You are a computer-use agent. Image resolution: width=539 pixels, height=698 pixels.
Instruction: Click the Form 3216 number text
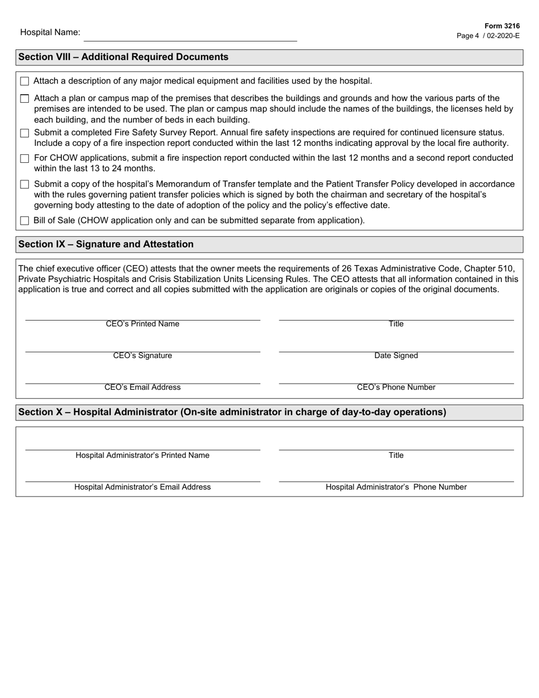coord(502,26)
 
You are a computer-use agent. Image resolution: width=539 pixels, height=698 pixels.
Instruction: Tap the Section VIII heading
coord(124,57)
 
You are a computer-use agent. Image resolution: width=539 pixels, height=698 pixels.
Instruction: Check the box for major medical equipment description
coord(24,82)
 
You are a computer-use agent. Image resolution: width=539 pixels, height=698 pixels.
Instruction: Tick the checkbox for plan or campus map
coord(24,99)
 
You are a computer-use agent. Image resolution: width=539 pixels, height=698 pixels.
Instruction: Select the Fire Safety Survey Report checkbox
coord(24,133)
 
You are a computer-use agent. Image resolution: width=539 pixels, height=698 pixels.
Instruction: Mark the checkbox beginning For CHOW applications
coord(24,159)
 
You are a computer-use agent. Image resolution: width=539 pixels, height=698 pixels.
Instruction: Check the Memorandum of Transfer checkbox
coord(24,184)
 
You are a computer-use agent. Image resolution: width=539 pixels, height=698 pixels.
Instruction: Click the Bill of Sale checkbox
coord(24,221)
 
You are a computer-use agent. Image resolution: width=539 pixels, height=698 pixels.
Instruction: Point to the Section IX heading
coord(106,245)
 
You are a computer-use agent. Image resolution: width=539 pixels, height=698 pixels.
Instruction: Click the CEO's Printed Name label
coord(142,324)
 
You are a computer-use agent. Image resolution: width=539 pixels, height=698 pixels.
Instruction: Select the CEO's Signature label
coord(142,356)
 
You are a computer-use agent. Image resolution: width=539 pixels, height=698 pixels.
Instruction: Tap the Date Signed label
coord(396,356)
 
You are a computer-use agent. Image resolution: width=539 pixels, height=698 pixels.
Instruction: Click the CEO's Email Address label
coord(142,388)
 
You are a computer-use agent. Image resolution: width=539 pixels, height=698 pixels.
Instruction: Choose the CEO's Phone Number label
coord(396,388)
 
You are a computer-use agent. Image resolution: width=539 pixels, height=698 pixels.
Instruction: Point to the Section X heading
coord(233,413)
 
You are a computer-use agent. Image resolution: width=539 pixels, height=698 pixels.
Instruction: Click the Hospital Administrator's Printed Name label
coord(142,456)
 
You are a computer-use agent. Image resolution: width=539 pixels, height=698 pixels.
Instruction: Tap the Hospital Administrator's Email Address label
coord(142,487)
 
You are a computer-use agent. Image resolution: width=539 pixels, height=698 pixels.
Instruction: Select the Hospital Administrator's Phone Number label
coord(396,487)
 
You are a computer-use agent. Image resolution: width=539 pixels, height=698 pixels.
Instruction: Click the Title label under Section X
coord(396,456)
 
